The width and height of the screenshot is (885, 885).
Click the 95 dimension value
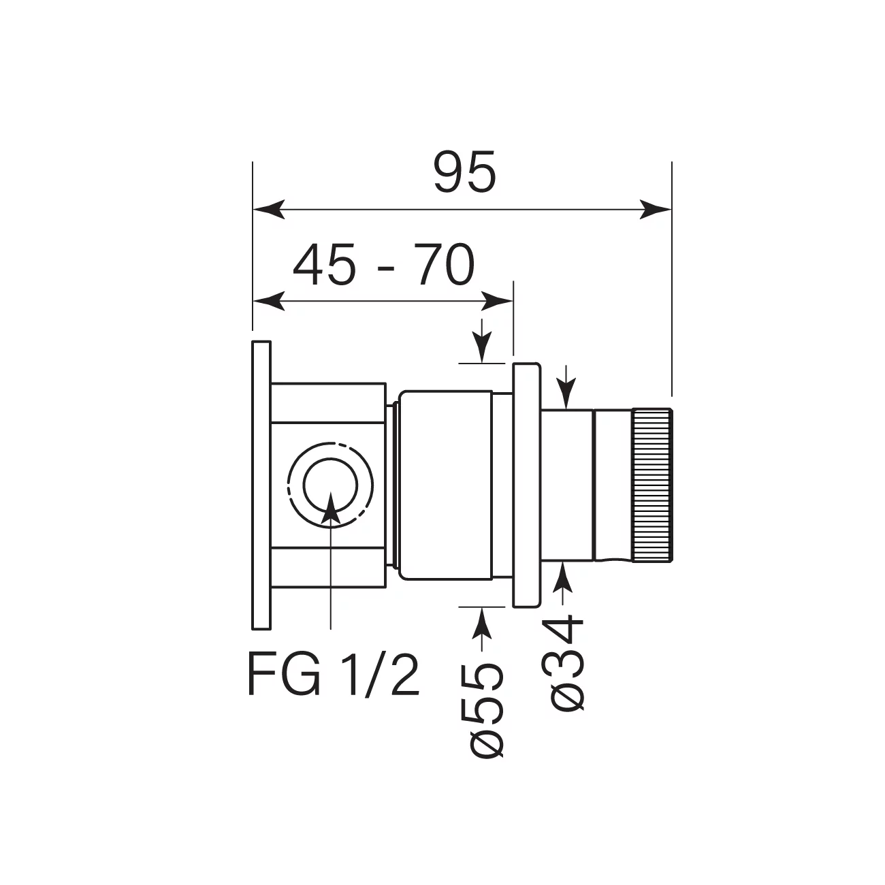tap(465, 172)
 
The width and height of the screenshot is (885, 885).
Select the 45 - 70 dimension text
tap(384, 265)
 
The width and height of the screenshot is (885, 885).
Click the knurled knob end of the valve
tap(653, 484)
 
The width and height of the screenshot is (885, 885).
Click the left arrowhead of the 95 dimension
tap(269, 210)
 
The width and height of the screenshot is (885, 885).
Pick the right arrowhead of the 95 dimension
tap(656, 210)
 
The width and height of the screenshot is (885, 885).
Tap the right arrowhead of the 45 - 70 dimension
tap(497, 301)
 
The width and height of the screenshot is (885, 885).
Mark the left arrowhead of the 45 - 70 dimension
tap(269, 301)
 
